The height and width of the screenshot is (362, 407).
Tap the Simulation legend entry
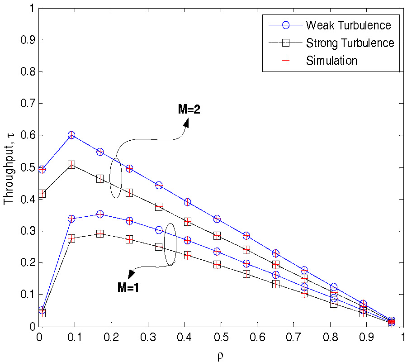[x=331, y=61]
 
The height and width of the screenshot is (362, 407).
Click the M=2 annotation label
[x=189, y=109]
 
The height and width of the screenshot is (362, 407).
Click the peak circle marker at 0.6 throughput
[x=71, y=135]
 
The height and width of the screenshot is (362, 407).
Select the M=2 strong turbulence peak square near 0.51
[x=71, y=164]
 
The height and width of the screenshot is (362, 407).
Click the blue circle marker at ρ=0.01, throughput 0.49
[x=42, y=169]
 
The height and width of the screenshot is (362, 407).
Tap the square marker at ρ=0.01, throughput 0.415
[x=42, y=194]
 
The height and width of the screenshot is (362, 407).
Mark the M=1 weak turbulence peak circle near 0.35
[x=100, y=214]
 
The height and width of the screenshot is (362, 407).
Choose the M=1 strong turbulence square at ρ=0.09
[x=71, y=238]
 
